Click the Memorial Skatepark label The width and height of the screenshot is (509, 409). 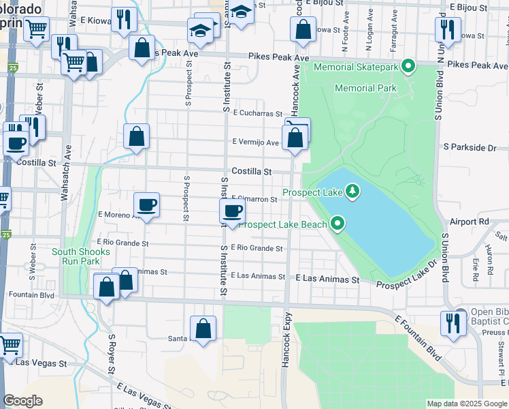[x=357, y=67]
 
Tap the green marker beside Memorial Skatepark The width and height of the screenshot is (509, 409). [x=408, y=67]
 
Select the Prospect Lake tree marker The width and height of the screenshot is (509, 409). [x=352, y=192]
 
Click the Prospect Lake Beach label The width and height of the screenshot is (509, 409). [x=282, y=224]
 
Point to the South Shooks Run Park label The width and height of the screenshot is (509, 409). [x=76, y=256]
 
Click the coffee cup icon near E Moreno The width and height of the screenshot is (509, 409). [x=146, y=204]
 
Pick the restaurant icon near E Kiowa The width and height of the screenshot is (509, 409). [x=123, y=20]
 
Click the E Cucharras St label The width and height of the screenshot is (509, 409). [x=257, y=114]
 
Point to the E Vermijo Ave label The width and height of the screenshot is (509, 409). [x=255, y=142]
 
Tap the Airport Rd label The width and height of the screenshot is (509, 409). [x=470, y=222]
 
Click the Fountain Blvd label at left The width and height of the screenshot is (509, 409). [x=31, y=295]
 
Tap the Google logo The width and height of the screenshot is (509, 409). [x=23, y=401]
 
